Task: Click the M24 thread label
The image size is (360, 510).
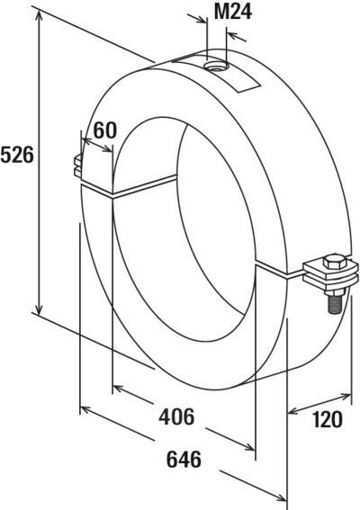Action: [233, 13]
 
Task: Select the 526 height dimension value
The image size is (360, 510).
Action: [17, 155]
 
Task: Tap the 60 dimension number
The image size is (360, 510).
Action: [104, 130]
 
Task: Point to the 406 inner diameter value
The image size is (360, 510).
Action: [176, 416]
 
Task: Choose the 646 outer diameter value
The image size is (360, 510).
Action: [184, 460]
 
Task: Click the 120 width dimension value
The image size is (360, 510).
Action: [328, 419]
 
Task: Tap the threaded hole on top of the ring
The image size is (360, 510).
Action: [217, 67]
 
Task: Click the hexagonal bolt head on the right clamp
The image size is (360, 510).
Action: [335, 262]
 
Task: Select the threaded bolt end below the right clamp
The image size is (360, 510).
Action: [335, 302]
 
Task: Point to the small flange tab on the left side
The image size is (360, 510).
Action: [78, 166]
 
